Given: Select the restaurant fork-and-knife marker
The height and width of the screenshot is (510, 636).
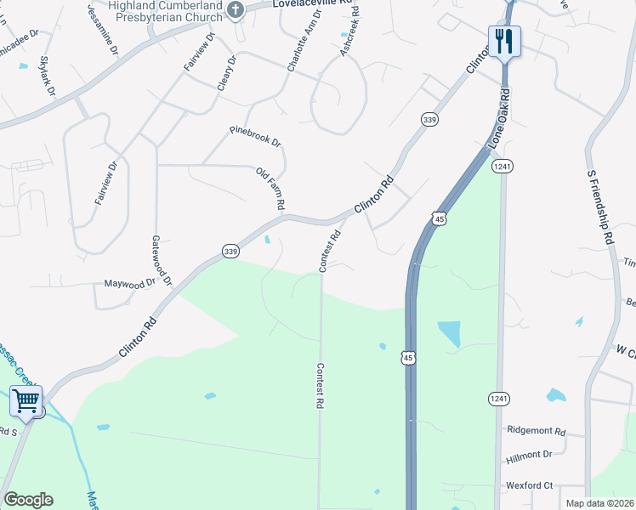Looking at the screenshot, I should (504, 40).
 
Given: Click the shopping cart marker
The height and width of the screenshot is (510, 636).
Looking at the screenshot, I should (26, 399).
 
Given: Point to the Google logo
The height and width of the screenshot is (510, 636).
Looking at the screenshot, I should (28, 500).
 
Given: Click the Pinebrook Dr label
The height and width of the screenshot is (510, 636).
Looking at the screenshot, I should (254, 136).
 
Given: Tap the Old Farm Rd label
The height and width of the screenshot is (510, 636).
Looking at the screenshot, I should (270, 190).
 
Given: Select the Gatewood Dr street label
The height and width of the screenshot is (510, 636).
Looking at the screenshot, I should (162, 260).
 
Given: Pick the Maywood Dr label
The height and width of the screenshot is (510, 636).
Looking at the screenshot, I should (130, 283).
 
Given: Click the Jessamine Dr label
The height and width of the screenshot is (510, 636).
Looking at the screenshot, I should (102, 29).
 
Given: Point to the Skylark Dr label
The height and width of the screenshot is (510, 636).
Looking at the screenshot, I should (47, 76).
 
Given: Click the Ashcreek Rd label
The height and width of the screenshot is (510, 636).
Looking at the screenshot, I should (349, 31).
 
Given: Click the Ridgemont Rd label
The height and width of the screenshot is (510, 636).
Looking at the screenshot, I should (536, 431).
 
